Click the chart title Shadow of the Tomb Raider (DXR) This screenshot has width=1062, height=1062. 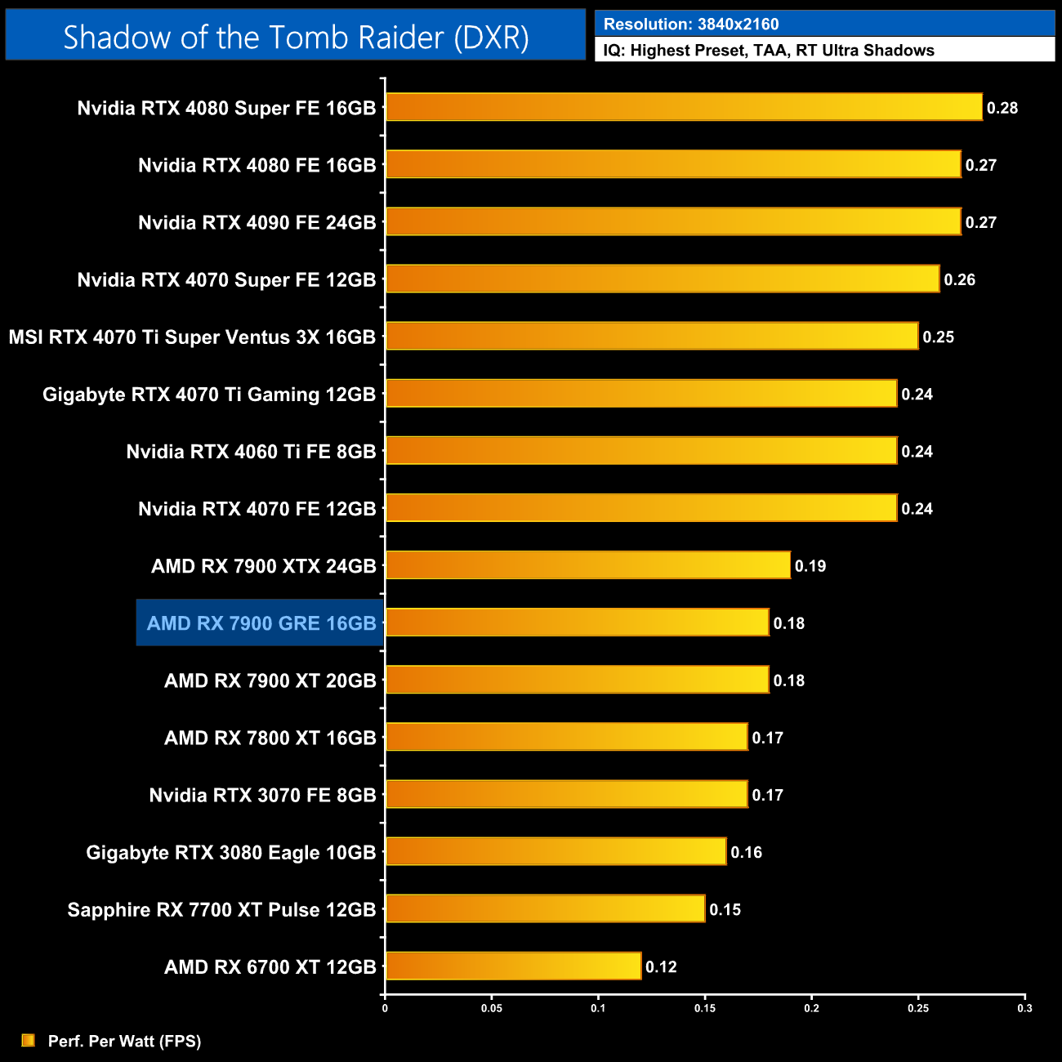tap(296, 37)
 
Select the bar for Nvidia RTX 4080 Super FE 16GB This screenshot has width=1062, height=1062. tap(684, 107)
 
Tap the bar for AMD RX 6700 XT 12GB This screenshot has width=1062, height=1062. tap(513, 966)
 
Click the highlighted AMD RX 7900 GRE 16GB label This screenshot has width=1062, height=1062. tap(261, 623)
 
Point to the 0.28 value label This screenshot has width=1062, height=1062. tap(1002, 108)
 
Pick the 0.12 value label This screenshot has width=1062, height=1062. tap(661, 967)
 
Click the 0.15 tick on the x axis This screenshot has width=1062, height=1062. tap(705, 1008)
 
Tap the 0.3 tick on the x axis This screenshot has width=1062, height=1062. tap(1024, 1008)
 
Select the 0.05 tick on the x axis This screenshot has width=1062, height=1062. tap(492, 1008)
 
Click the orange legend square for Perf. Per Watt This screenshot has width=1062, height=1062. tap(29, 1040)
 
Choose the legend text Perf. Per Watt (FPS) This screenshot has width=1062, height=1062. tap(124, 1041)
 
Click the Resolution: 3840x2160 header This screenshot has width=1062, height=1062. tap(691, 25)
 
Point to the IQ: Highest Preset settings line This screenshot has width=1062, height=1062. tap(769, 51)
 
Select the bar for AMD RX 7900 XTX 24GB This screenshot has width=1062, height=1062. tap(588, 565)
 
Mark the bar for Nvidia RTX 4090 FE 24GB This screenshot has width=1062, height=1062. tap(673, 221)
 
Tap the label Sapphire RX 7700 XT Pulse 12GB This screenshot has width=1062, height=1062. tap(221, 910)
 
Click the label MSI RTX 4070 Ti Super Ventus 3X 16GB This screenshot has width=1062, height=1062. tap(192, 337)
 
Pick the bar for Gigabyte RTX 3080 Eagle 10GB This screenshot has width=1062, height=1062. tap(556, 851)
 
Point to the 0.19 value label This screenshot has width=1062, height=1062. tap(810, 566)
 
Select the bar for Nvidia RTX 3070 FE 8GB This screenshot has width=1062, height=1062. tap(566, 794)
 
